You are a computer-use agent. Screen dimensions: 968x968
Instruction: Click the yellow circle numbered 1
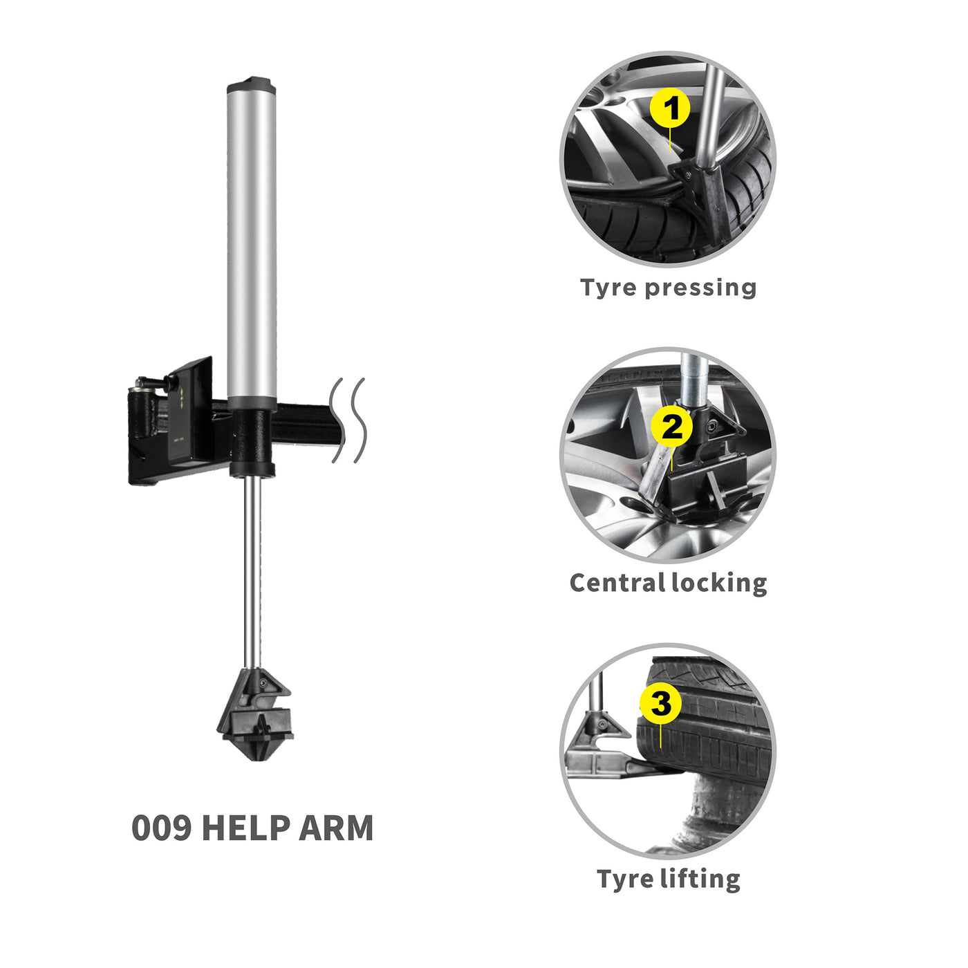tap(670, 108)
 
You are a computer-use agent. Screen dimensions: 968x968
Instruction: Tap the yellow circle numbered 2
tap(671, 427)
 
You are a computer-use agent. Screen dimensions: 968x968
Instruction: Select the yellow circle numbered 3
tap(660, 703)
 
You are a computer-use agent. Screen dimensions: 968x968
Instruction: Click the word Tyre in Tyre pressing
tap(608, 288)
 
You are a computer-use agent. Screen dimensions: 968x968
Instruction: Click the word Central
tap(617, 583)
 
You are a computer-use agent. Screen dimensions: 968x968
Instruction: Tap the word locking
tap(719, 583)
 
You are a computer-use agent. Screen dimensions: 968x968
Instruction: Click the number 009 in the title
tap(161, 828)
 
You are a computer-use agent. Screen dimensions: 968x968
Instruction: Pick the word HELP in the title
tap(245, 828)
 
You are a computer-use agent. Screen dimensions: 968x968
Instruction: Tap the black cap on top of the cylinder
tap(251, 86)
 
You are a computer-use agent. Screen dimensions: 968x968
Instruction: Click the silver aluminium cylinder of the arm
tap(252, 242)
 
